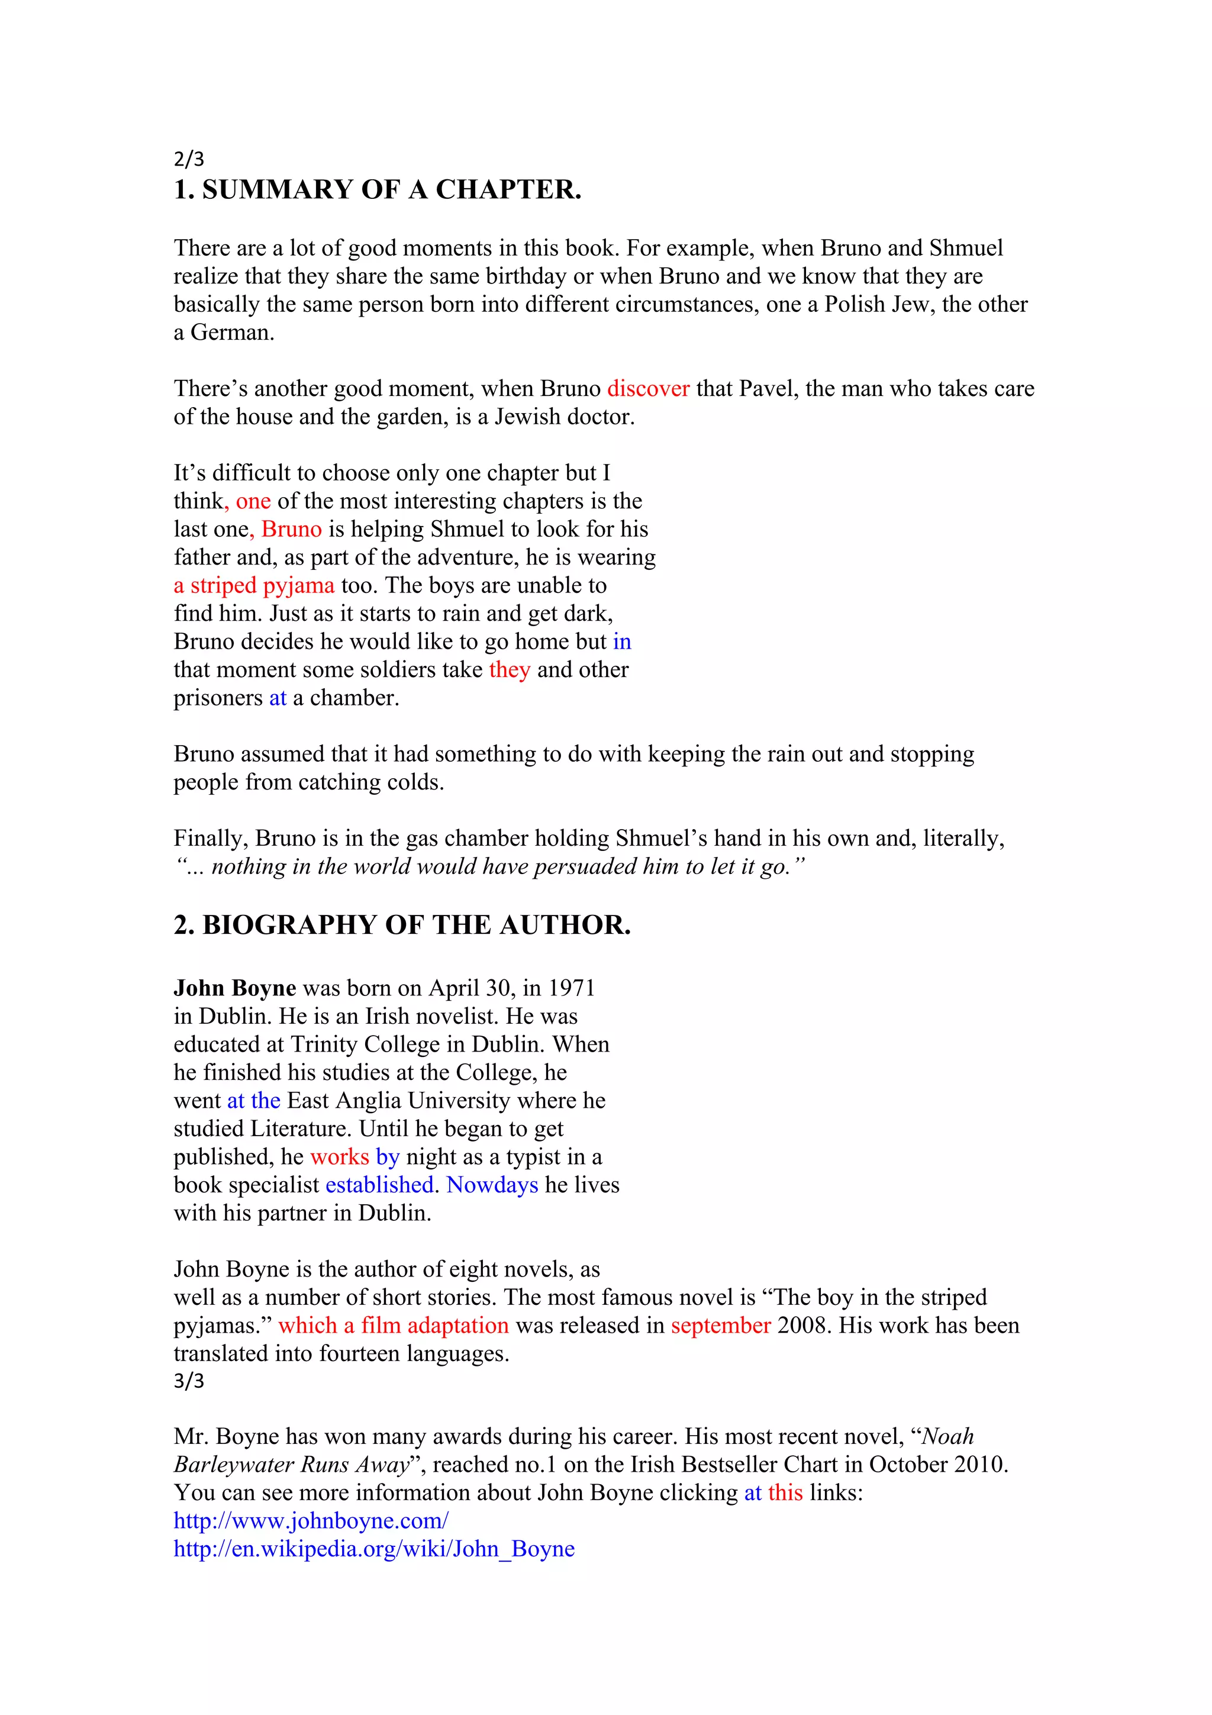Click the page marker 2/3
click(x=188, y=159)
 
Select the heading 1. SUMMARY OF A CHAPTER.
click(x=377, y=190)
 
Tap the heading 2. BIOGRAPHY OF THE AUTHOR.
click(x=402, y=925)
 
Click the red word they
click(x=510, y=669)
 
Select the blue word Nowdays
click(x=492, y=1185)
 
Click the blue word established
click(x=379, y=1185)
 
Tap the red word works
click(x=340, y=1156)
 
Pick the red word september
click(x=721, y=1325)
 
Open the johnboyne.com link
click(x=311, y=1521)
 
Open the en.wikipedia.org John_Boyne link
click(x=374, y=1549)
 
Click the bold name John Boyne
click(x=234, y=988)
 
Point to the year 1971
click(x=571, y=988)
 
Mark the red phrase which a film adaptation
click(x=394, y=1325)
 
